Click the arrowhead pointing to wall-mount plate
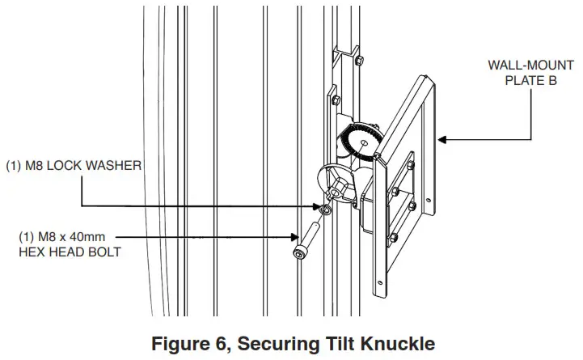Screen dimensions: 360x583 [x=442, y=140]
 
